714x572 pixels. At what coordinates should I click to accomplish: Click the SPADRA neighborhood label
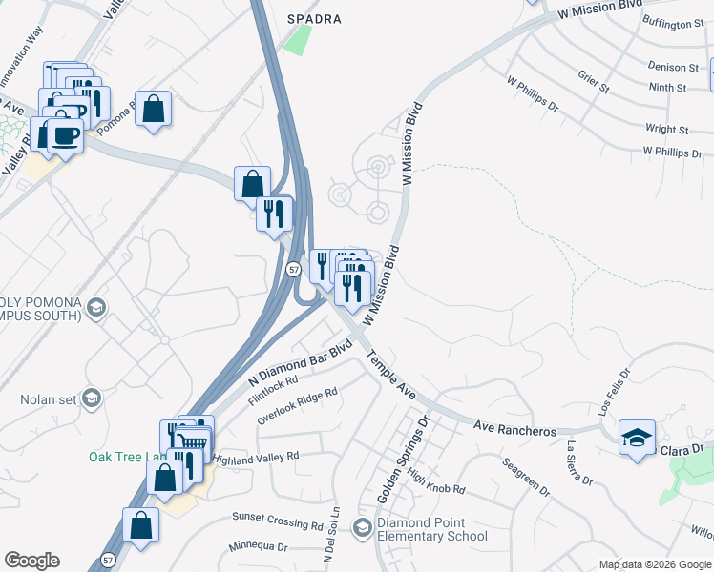pos(314,18)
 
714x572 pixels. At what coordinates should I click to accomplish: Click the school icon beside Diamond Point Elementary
pos(362,527)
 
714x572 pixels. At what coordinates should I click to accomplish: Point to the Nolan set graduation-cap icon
pos(92,398)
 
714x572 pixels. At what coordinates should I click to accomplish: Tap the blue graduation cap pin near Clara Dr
pos(637,437)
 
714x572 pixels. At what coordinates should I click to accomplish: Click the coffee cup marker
pos(66,135)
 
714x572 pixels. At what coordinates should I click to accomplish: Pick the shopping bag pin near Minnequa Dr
pos(140,524)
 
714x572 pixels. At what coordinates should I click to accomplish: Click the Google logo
pos(31,561)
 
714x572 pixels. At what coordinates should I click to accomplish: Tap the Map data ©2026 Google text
pos(654,564)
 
